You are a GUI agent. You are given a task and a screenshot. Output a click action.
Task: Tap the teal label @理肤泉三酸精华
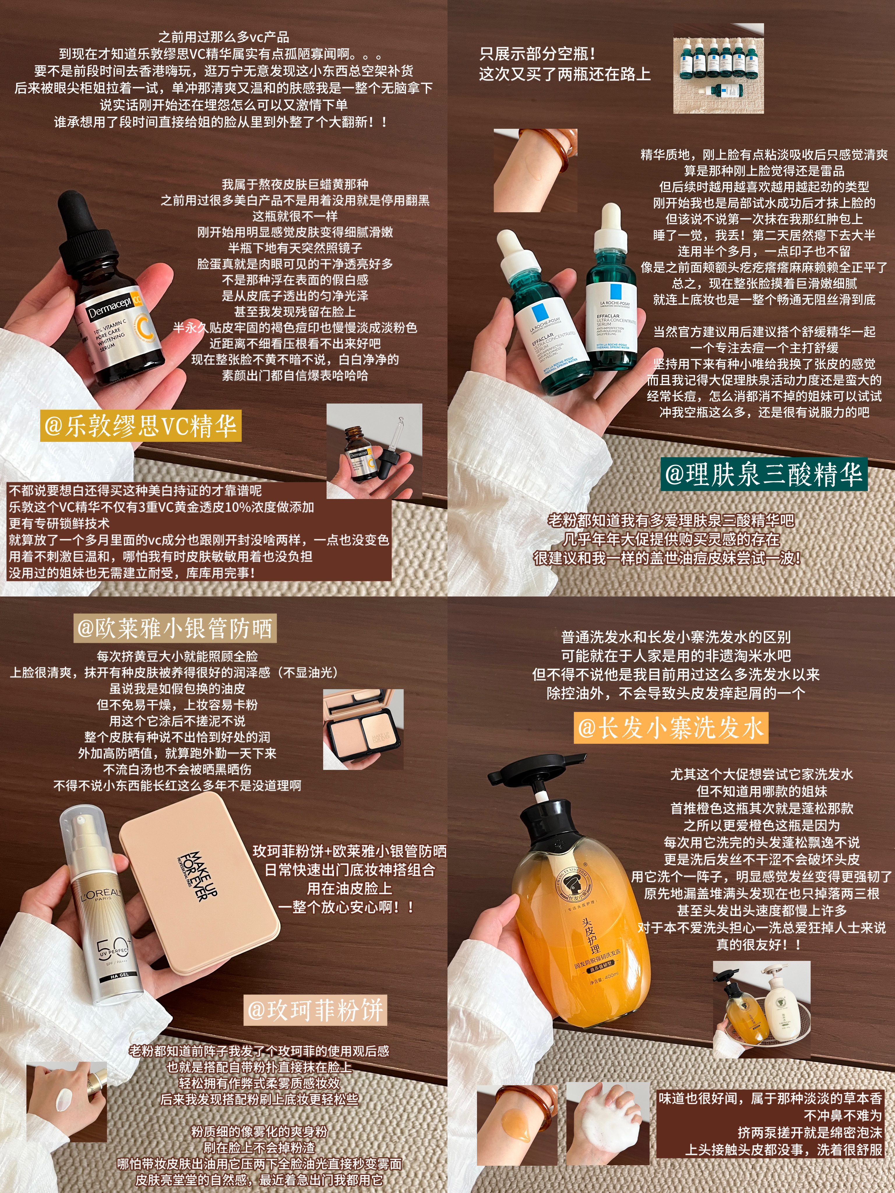764,474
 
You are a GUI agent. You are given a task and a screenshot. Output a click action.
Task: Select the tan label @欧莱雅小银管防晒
175,628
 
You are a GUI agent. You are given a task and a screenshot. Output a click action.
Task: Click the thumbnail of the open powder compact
363,729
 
